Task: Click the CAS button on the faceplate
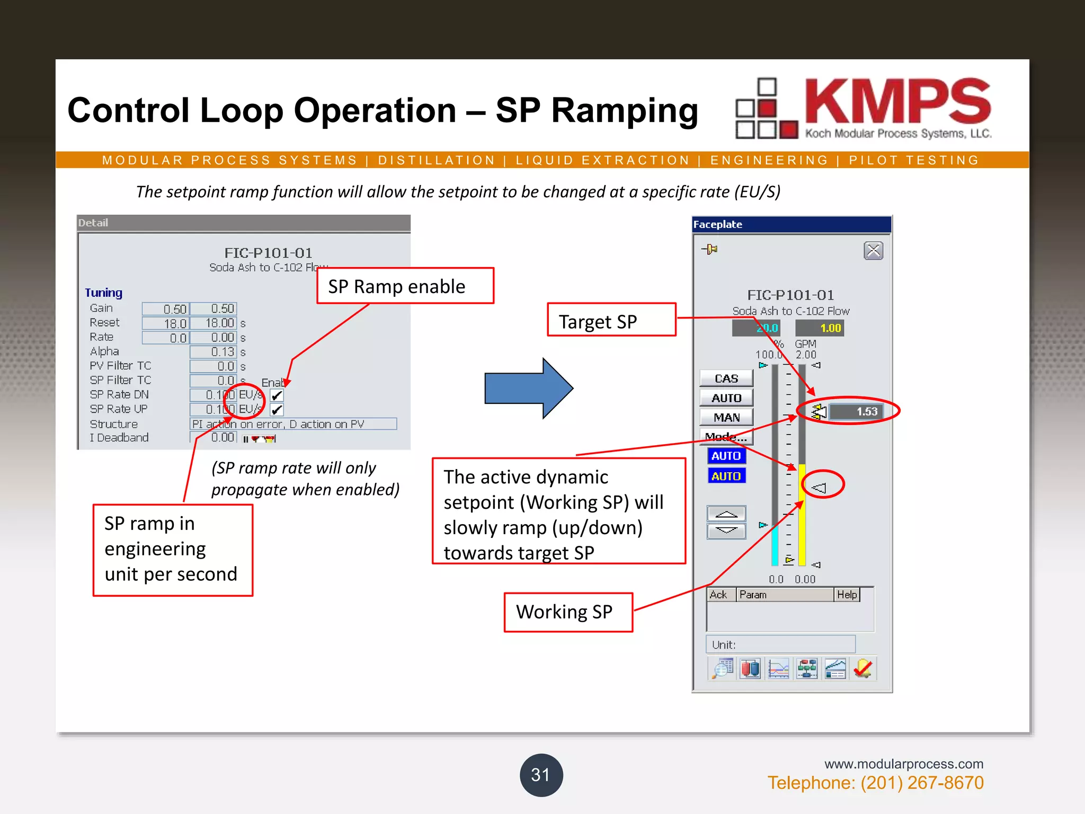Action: (726, 378)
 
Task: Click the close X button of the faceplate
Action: (873, 251)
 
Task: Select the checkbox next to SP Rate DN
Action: (277, 395)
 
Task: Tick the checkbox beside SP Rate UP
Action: (277, 410)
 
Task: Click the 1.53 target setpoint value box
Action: (856, 411)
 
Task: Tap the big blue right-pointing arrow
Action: (528, 388)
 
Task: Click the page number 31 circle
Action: (541, 775)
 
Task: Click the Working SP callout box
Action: (568, 612)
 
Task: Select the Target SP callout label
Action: (611, 320)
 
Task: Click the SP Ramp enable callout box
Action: (405, 286)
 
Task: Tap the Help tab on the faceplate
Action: (847, 595)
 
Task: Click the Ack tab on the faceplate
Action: (718, 595)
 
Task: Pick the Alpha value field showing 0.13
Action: (213, 352)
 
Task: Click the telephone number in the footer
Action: (875, 783)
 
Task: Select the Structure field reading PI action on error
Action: (293, 424)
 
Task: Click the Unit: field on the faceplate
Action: (780, 644)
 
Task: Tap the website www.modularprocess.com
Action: (903, 764)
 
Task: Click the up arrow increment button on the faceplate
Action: (726, 514)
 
